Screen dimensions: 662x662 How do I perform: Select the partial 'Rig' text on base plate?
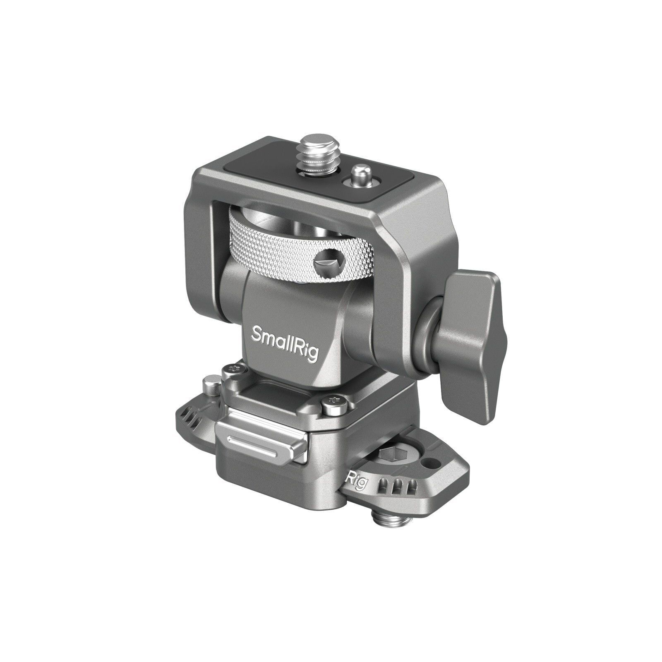click(x=357, y=480)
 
